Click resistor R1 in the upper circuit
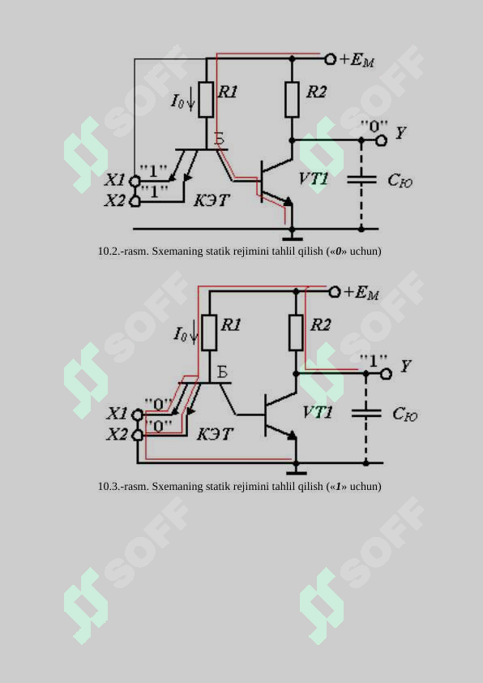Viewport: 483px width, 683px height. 206,99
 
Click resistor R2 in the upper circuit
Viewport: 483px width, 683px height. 292,99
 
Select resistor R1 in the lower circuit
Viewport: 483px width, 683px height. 209,333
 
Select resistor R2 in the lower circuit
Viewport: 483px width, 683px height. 296,333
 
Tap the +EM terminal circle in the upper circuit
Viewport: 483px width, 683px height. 331,58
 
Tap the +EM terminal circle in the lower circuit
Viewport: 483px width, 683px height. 334,292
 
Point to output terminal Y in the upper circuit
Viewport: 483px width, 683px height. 381,140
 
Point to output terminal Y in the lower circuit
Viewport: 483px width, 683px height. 386,374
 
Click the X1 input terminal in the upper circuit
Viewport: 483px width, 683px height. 135,180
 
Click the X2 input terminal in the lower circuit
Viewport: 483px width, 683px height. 138,434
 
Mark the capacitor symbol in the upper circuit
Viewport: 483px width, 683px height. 361,179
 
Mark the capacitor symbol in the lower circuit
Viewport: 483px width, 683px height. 366,413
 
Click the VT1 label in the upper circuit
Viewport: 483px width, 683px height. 314,179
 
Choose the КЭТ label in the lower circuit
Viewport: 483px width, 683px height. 215,434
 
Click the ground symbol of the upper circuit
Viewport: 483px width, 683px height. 292,238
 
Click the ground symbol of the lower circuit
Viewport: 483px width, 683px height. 296,471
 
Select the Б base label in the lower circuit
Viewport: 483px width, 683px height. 222,372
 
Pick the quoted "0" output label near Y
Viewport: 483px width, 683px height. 374,127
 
